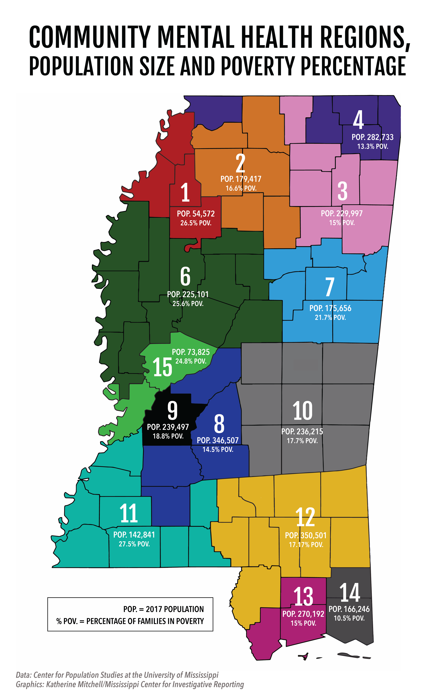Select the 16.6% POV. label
(x=241, y=188)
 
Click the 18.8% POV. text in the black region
(x=168, y=436)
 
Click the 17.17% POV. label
(x=306, y=545)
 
